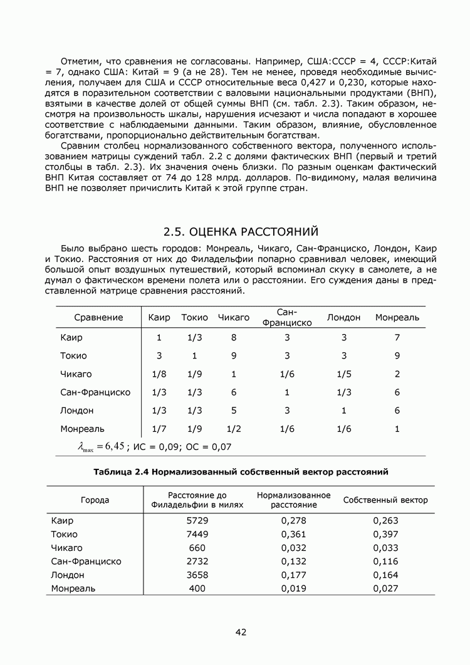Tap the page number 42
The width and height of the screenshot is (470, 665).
(241, 632)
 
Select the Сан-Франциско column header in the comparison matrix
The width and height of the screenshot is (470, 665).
(287, 318)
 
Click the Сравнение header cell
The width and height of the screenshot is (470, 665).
(98, 318)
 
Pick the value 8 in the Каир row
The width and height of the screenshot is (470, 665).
(233, 338)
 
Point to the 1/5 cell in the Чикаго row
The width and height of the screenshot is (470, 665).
(343, 374)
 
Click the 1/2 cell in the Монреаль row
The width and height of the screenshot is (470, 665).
(233, 429)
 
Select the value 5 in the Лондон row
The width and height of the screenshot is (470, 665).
(233, 411)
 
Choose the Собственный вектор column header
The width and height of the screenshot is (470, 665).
(385, 500)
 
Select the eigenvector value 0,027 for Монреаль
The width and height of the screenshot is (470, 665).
(385, 589)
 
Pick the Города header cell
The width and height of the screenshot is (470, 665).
(95, 500)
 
